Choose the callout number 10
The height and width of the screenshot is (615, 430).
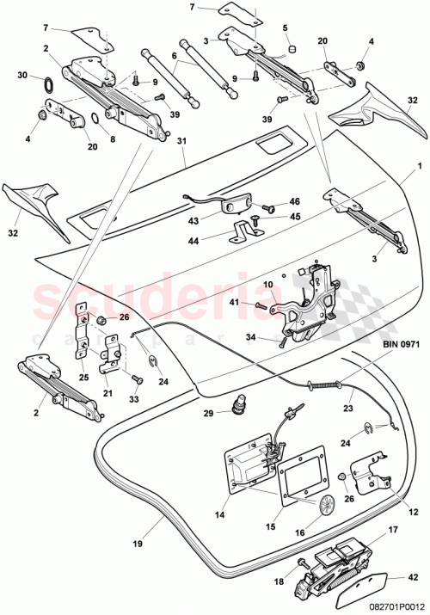coord(267,284)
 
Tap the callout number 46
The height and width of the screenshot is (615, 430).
coord(294,200)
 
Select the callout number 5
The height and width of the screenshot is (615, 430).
coord(286,28)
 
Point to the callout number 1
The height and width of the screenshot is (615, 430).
coord(419,164)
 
